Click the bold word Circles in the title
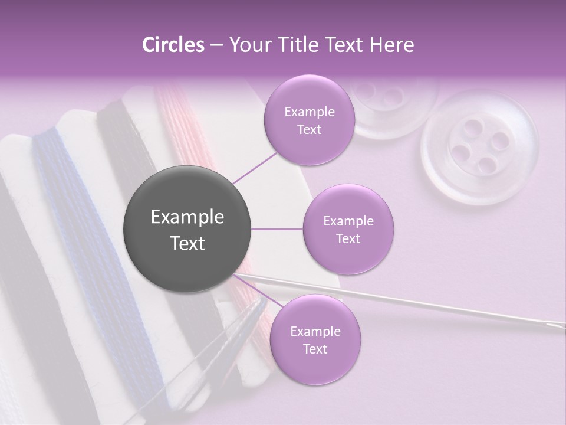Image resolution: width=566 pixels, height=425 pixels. click(173, 45)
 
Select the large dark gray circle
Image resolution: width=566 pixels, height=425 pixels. click(187, 229)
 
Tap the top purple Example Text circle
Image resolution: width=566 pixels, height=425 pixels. click(309, 120)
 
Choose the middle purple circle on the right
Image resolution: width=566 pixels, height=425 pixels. click(348, 229)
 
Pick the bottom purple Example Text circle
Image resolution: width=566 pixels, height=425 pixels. click(315, 339)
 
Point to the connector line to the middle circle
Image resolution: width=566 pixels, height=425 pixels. click(277, 229)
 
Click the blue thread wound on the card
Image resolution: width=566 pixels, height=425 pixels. click(65, 195)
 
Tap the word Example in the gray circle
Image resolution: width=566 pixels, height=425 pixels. click(187, 217)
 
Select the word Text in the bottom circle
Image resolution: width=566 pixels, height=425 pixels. click(315, 349)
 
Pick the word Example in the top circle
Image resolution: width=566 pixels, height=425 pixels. click(309, 112)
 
